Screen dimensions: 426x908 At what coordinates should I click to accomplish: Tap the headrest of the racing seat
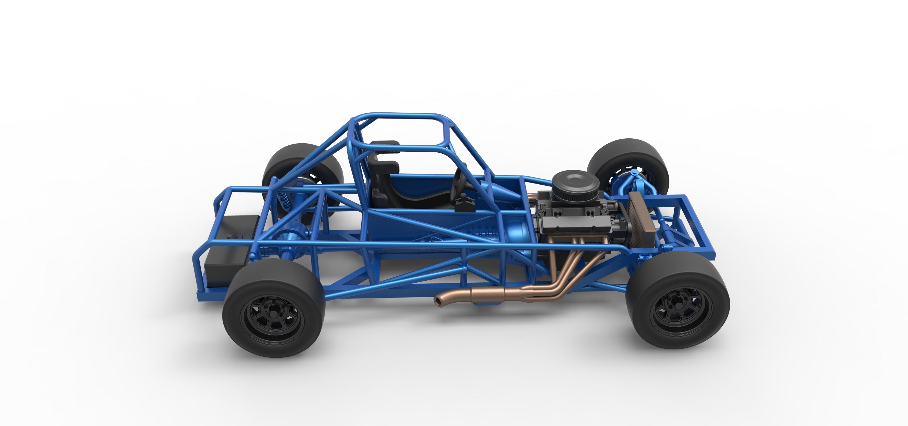(385, 145)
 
